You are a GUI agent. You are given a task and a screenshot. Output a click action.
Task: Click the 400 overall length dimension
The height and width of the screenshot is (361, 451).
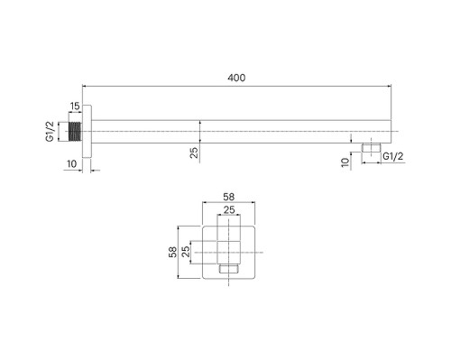point(236,79)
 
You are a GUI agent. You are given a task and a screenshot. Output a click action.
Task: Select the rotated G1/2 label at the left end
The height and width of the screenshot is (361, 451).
point(53,131)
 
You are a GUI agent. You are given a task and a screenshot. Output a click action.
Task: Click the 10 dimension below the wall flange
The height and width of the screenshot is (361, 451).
point(72,162)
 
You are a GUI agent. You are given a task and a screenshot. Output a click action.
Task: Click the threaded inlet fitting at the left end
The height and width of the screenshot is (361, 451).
point(76,132)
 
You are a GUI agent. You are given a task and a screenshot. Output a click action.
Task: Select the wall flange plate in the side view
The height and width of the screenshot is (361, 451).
point(86,132)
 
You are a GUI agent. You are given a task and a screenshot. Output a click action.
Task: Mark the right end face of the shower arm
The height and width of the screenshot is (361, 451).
point(389,132)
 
